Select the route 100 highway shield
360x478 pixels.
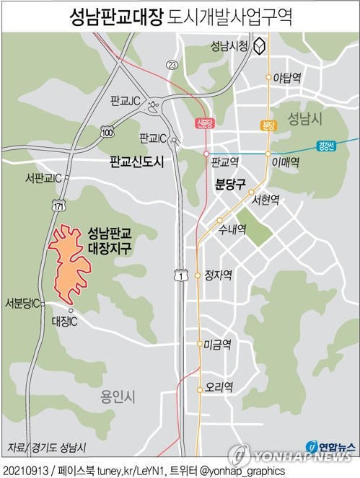pos(107,133)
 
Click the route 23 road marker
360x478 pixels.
pos(171,66)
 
